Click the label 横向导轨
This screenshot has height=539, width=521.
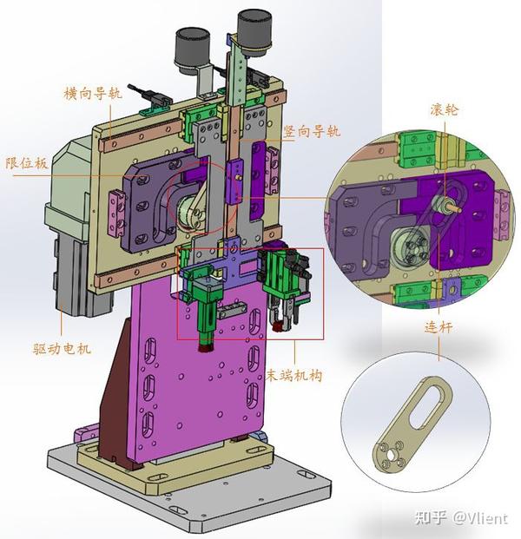tap(93, 94)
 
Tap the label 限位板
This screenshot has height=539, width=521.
tap(27, 163)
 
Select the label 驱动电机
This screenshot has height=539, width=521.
tap(63, 349)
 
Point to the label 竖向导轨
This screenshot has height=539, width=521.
tap(312, 132)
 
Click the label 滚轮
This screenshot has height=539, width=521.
tap(445, 109)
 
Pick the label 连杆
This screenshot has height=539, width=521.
tap(439, 327)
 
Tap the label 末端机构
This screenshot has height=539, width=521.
tap(294, 375)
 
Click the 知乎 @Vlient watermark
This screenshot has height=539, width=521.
tap(461, 517)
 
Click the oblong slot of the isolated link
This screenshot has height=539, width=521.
tap(426, 406)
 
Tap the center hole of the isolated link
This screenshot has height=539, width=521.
tap(391, 455)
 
